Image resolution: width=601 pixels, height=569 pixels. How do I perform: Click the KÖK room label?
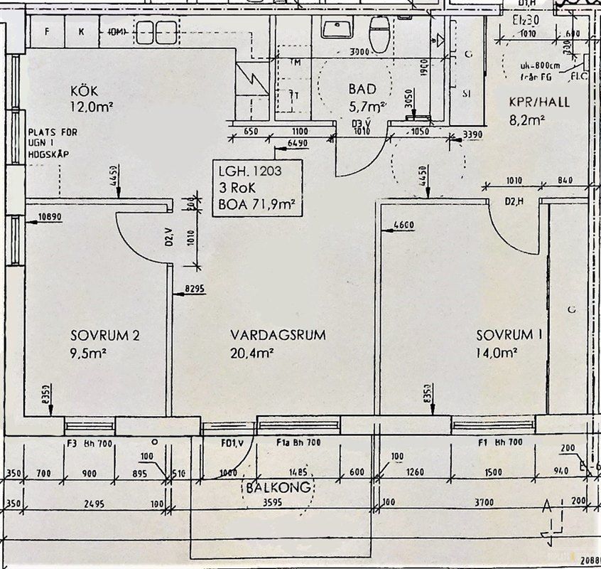pos(84,92)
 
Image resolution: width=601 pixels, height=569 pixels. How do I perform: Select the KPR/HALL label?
pos(539,102)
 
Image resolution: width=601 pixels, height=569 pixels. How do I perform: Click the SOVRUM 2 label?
pos(104,335)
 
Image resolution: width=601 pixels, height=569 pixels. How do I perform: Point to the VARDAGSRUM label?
pos(278,335)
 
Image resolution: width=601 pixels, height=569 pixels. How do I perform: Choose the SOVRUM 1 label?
pos(507,335)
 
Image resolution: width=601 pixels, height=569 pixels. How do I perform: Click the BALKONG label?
pos(278,488)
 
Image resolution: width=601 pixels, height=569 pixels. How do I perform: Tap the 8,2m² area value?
pos(526,119)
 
